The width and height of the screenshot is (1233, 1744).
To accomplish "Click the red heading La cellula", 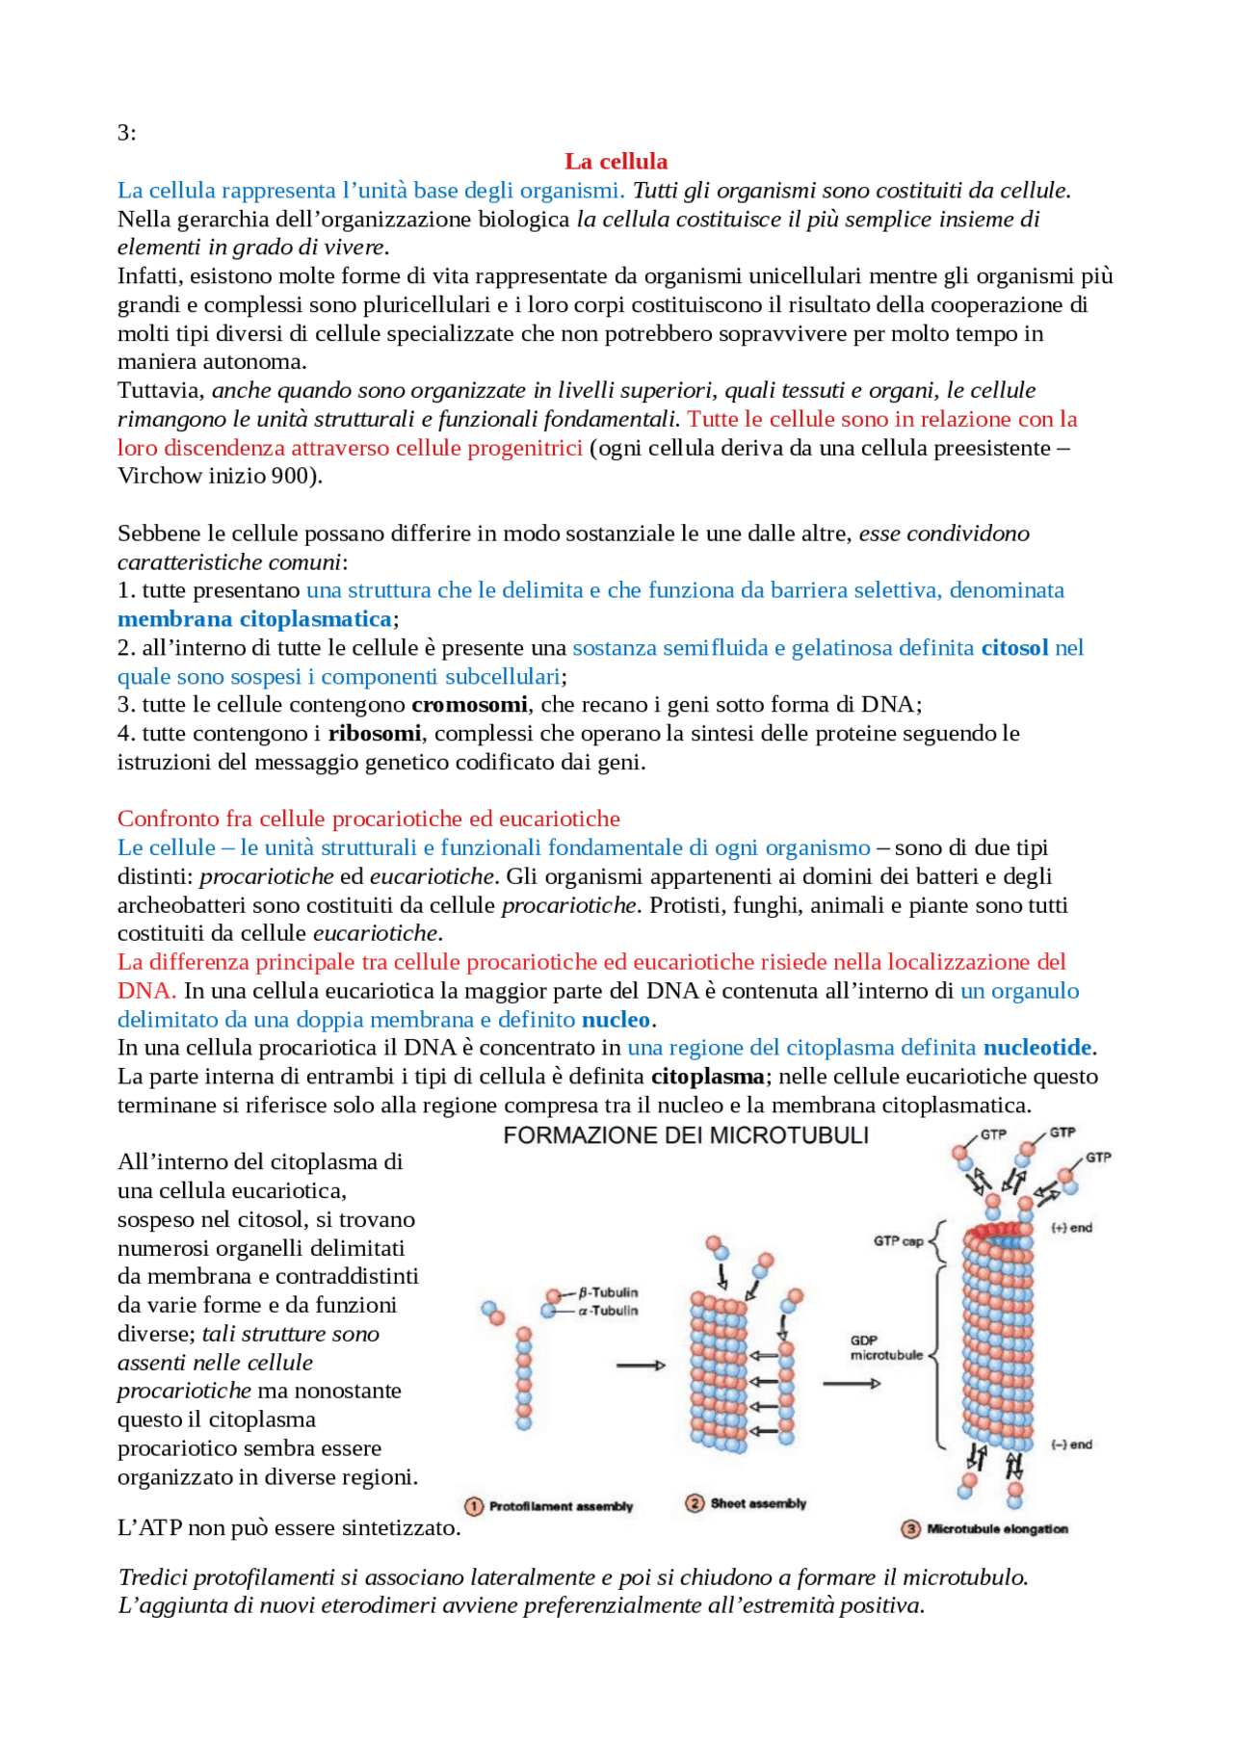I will pos(616,161).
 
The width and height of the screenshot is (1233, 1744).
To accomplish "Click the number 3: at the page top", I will pos(127,133).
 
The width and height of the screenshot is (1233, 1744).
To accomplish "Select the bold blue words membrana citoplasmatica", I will pos(254,619).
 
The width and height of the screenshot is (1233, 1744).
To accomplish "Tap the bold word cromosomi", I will pos(469,705).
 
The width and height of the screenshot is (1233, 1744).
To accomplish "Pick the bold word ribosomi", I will pos(375,734).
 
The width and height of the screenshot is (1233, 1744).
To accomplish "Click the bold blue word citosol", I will pos(1014,648).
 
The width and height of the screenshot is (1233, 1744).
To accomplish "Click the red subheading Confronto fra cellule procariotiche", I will pos(368,819).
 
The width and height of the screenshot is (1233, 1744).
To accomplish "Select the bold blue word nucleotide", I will pos(1036,1048).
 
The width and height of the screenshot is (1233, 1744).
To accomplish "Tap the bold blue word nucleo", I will pos(616,1020).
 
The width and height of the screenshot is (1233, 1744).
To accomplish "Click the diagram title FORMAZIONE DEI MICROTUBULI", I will pos(686,1135).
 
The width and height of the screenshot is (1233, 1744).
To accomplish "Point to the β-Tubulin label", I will pos(609,1292).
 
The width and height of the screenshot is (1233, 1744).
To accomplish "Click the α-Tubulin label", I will pos(609,1311).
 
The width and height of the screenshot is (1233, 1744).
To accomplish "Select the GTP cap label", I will pos(898,1240).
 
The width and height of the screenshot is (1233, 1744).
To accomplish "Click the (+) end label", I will pos(1071,1228).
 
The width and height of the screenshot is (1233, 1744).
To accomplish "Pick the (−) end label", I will pos(1071,1445).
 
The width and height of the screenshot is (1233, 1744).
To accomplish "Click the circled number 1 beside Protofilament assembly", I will pos(474,1506).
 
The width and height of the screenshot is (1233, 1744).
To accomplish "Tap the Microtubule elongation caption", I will pos(997,1529).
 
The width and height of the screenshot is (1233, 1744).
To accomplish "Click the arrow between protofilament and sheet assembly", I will pos(641,1366).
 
